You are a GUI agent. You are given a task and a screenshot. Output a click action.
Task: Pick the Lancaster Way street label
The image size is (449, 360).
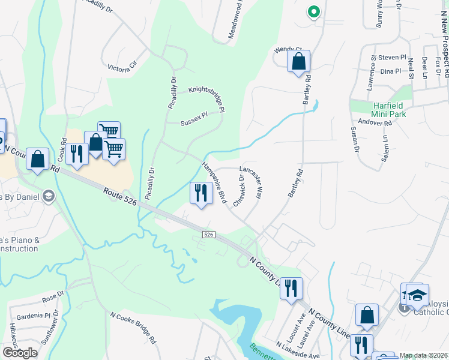(x=252, y=182)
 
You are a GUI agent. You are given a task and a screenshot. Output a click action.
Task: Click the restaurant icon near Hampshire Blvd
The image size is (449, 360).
(x=200, y=193)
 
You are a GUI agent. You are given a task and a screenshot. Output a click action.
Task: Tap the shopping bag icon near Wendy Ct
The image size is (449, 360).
(x=298, y=61)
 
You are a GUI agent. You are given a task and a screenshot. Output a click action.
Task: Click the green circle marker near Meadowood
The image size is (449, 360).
(x=312, y=11)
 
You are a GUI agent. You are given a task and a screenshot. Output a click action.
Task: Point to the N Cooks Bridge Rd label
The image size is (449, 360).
(x=133, y=327)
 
